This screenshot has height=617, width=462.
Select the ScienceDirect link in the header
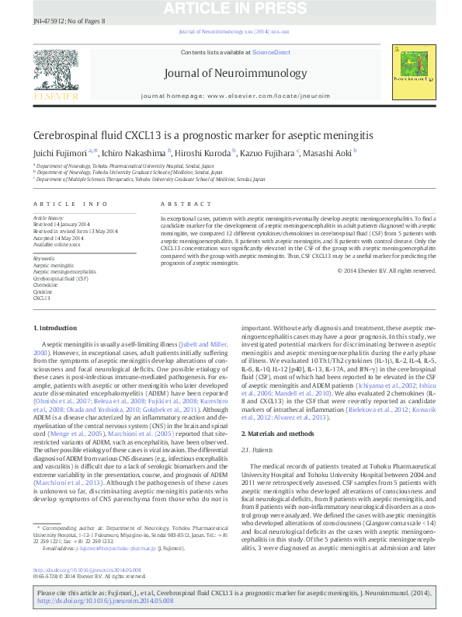[x=271, y=52]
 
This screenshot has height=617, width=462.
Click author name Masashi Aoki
[x=328, y=153]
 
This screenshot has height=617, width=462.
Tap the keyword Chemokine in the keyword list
[x=45, y=285]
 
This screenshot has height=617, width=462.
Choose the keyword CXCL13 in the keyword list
[x=42, y=298]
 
